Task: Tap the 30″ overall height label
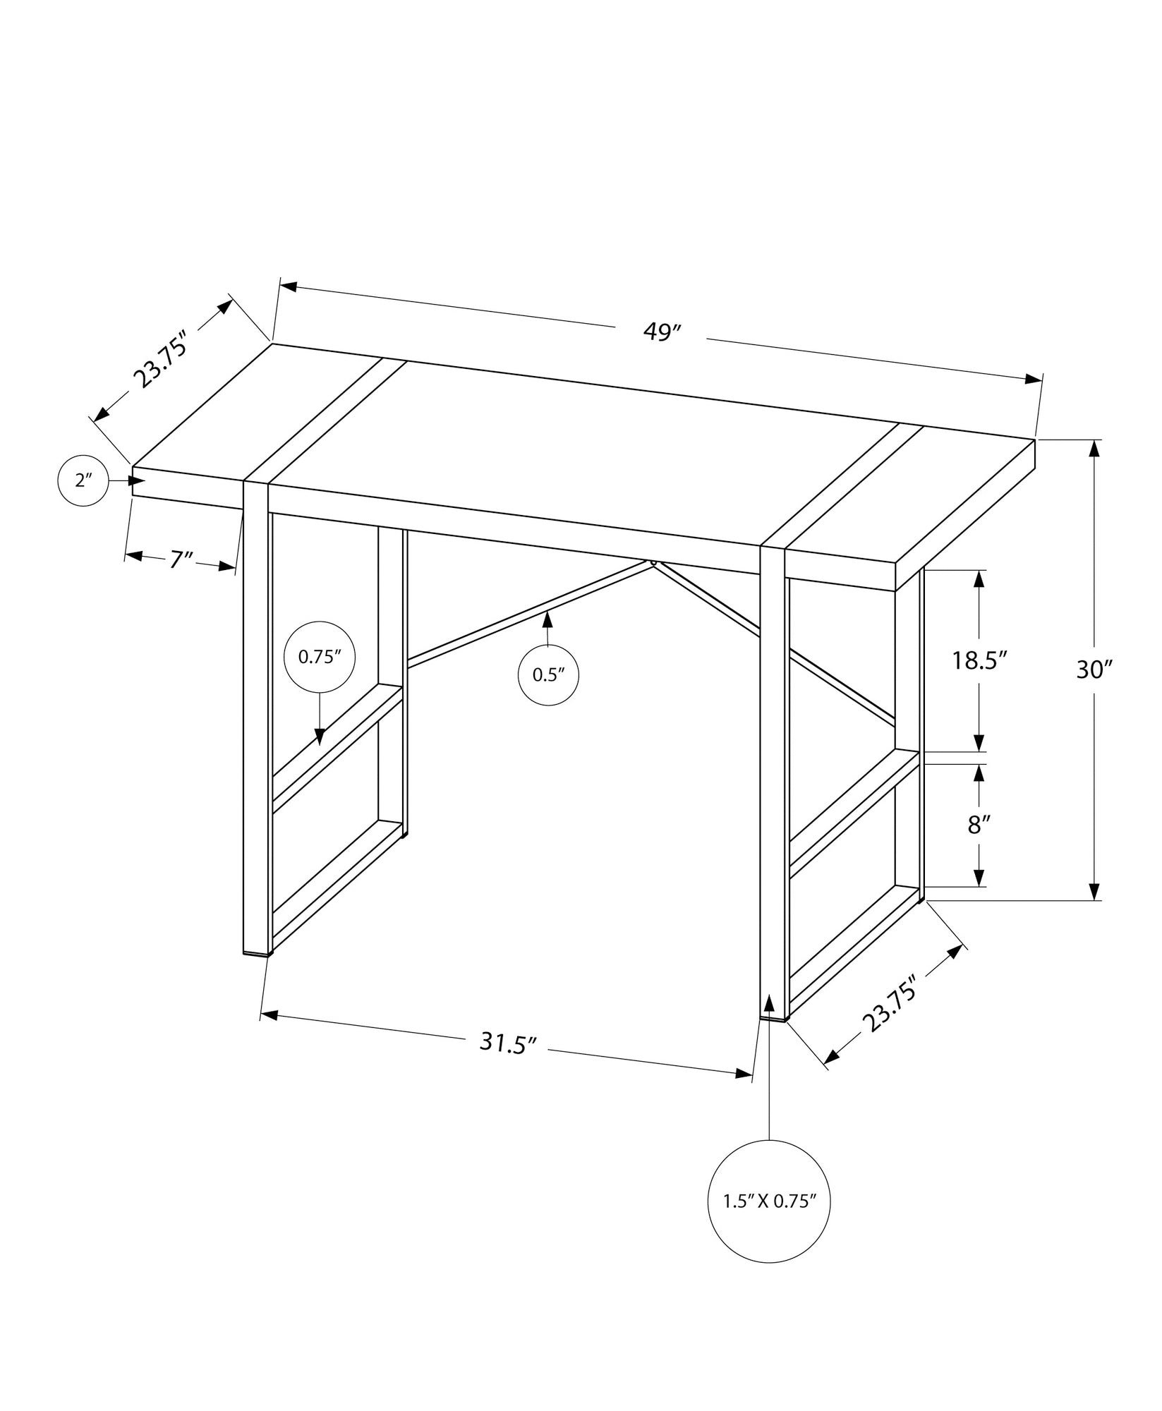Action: (1094, 670)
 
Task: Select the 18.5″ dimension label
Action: (979, 660)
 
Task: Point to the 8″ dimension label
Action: (977, 825)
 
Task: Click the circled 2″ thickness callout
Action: (84, 481)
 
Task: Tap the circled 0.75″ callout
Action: (319, 657)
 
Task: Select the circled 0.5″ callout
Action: (549, 674)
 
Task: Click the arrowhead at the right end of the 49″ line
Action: (1034, 380)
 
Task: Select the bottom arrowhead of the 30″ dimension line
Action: (1094, 892)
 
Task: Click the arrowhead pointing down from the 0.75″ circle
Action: (320, 737)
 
